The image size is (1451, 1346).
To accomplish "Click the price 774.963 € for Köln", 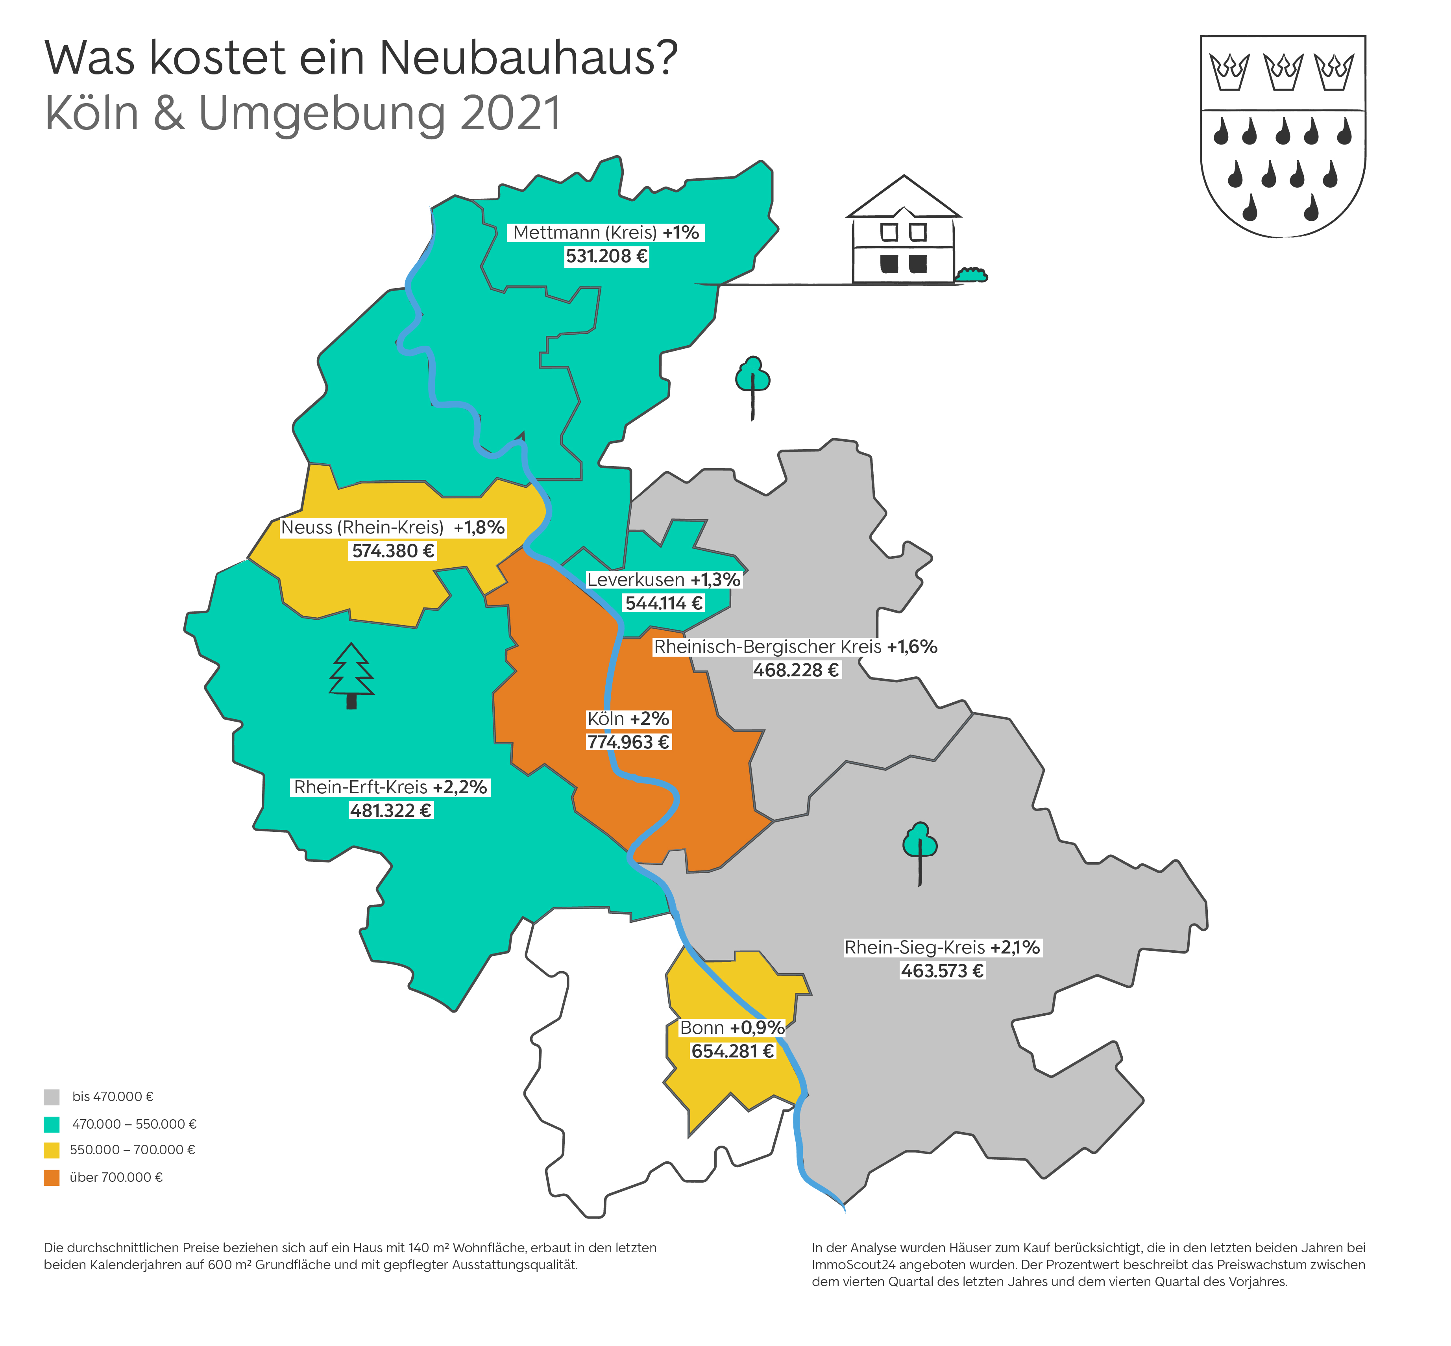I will click(628, 742).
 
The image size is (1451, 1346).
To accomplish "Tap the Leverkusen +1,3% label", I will click(663, 580).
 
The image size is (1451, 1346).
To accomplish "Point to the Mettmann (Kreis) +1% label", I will click(606, 232).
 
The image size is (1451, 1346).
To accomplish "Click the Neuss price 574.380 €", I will click(393, 551).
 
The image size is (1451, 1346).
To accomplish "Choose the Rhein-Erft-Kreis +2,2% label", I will click(390, 787).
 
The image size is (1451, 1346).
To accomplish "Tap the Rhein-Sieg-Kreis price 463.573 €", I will click(942, 971).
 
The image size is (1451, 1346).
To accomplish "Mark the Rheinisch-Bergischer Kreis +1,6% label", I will click(795, 647).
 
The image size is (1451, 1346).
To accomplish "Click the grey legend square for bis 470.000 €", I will click(52, 1097).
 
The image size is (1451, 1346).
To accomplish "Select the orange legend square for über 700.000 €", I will click(52, 1178).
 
